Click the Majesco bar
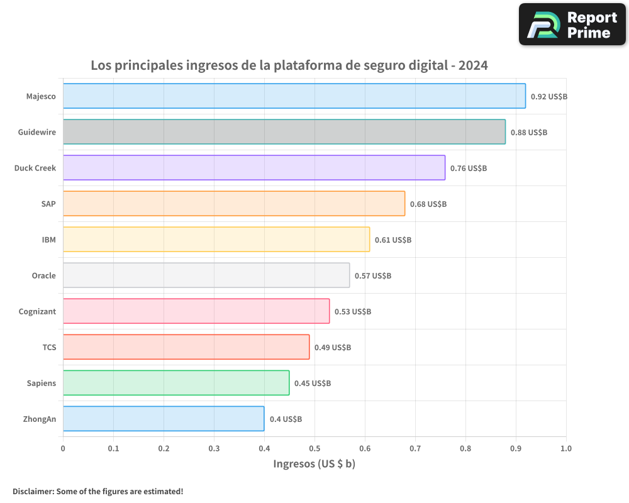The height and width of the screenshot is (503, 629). pyautogui.click(x=294, y=96)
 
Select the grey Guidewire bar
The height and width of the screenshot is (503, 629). pyautogui.click(x=284, y=132)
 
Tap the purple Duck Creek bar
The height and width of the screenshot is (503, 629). pyautogui.click(x=253, y=168)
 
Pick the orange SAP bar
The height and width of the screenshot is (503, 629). pyautogui.click(x=233, y=204)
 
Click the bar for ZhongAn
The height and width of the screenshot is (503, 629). pyautogui.click(x=163, y=419)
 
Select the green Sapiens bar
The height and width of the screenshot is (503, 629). pyautogui.click(x=175, y=383)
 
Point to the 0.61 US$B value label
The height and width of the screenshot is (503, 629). pyautogui.click(x=393, y=240)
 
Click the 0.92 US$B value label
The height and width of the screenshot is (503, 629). pyautogui.click(x=549, y=97)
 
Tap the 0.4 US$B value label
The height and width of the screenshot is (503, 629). pyautogui.click(x=286, y=419)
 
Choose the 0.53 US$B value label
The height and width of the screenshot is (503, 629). pyautogui.click(x=353, y=312)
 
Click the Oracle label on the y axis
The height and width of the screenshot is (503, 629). pyautogui.click(x=43, y=276)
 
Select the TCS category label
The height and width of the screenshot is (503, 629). pyautogui.click(x=49, y=348)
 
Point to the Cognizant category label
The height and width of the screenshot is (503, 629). pyautogui.click(x=37, y=312)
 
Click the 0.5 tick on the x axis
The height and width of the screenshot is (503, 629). pyautogui.click(x=314, y=449)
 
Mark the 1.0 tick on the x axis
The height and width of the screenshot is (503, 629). pyautogui.click(x=566, y=449)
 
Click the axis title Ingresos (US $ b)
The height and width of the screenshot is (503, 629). pyautogui.click(x=314, y=464)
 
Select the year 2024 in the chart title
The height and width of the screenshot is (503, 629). pyautogui.click(x=473, y=65)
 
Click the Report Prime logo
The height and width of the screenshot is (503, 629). pyautogui.click(x=572, y=25)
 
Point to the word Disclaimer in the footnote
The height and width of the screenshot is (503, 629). pyautogui.click(x=33, y=491)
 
